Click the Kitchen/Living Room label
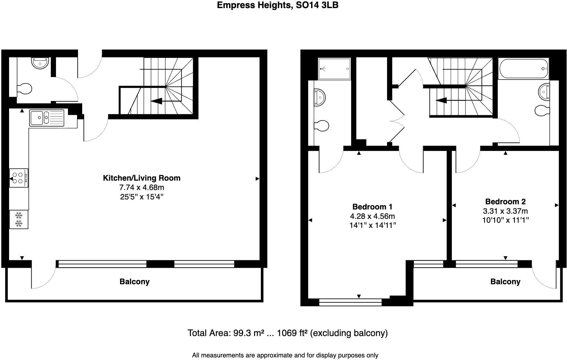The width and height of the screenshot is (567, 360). (x=141, y=178)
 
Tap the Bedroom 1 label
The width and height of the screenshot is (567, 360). (x=372, y=207)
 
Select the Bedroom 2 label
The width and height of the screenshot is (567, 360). (x=505, y=201)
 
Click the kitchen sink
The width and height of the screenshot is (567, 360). (x=47, y=118)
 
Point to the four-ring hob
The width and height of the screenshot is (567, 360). (x=19, y=178)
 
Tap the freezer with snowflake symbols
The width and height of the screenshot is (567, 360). (x=19, y=219)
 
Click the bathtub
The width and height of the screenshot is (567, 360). (x=523, y=69)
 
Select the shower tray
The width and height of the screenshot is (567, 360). (x=334, y=69)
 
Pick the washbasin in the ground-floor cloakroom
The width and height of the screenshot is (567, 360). (x=40, y=63)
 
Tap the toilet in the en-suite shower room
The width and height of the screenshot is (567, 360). (x=321, y=126)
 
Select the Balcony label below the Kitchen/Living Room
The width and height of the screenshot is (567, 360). (x=135, y=282)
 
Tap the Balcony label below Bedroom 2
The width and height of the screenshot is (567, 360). (x=506, y=282)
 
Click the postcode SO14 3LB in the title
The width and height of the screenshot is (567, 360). (x=317, y=5)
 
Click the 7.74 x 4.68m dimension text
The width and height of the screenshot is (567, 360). (x=142, y=187)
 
